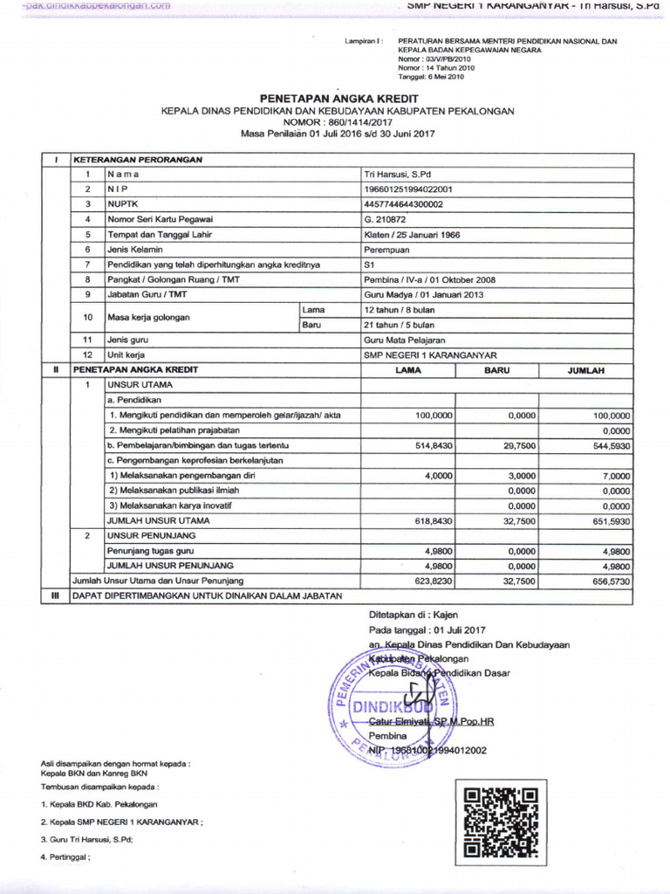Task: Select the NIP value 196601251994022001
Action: tap(407, 189)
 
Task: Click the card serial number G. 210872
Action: tap(385, 218)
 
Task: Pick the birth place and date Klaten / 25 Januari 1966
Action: tap(412, 234)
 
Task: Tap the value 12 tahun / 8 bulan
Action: tap(399, 309)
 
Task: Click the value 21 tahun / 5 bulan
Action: tap(399, 324)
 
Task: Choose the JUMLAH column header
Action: tap(585, 370)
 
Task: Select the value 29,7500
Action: tap(513, 445)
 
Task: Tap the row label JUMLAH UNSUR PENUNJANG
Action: tap(161, 566)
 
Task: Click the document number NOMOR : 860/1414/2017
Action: tap(334, 122)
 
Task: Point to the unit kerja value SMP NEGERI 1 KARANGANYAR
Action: tap(429, 355)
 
